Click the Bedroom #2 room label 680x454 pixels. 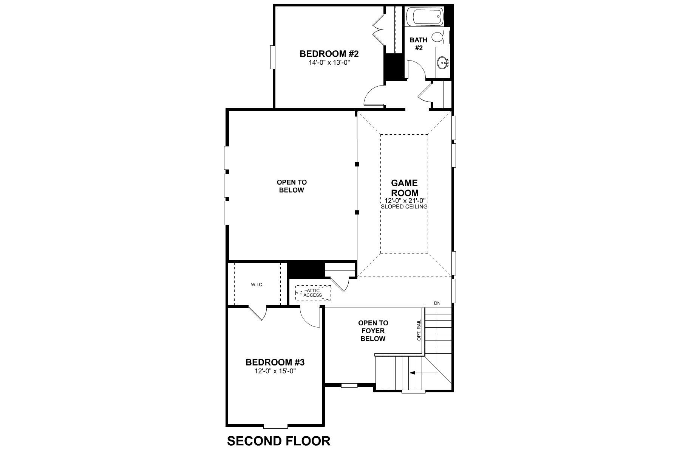click(329, 54)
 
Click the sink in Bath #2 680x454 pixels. click(443, 62)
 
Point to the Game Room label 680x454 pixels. click(404, 188)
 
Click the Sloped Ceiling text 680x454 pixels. click(404, 207)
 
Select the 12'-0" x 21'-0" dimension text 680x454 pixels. click(404, 201)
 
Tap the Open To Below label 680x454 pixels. click(292, 186)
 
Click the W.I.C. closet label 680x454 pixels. click(257, 285)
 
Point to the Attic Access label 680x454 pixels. click(313, 293)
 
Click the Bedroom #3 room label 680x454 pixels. click(275, 362)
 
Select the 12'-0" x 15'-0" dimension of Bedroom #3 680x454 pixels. click(275, 371)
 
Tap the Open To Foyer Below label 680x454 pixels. click(373, 331)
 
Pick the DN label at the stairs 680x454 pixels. click(437, 303)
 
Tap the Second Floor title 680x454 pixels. click(279, 441)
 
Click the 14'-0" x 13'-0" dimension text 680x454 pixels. click(329, 63)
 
